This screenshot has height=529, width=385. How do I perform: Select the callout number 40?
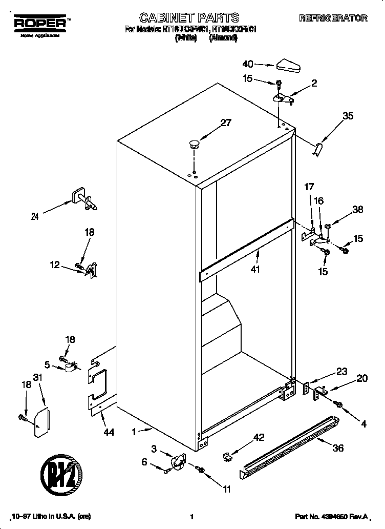coord(248,64)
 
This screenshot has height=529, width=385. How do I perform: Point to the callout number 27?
coord(226,123)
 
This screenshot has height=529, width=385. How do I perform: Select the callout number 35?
coord(348,116)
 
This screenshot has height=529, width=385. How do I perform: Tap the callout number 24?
coord(34,216)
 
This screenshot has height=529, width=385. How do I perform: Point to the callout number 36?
coord(338,447)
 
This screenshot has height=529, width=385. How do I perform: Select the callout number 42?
coord(260,437)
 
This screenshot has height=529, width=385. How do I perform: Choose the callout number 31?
coord(36,377)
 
